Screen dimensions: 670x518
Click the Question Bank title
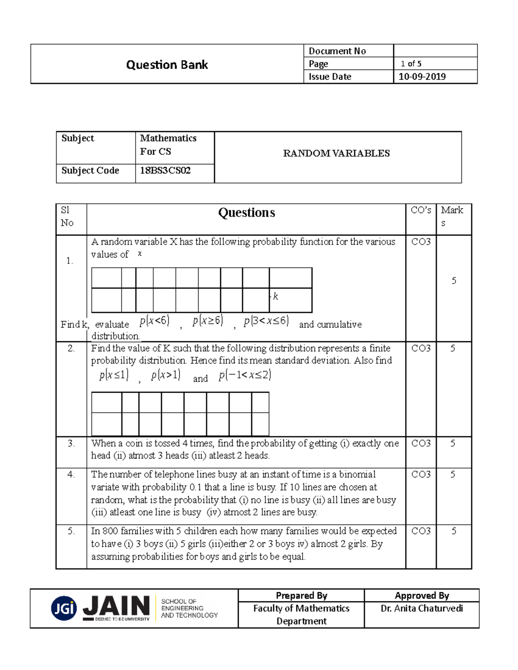(x=167, y=65)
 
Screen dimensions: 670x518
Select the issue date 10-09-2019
(x=422, y=77)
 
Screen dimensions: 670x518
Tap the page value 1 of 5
(x=411, y=64)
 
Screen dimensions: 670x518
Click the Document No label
(x=337, y=51)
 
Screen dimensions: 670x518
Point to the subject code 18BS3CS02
(x=165, y=170)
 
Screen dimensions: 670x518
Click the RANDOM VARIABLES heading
(x=336, y=154)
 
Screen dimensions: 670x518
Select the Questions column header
(x=246, y=213)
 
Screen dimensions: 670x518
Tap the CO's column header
(x=421, y=210)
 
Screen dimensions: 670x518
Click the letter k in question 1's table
(x=275, y=296)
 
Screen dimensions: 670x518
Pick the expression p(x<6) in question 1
(x=154, y=321)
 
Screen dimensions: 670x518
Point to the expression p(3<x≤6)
(x=266, y=321)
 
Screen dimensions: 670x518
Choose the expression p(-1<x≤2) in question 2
(x=245, y=375)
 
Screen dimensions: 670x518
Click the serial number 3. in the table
(x=71, y=444)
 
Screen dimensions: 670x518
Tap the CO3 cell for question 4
(x=421, y=475)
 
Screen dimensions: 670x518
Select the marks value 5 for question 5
(x=454, y=531)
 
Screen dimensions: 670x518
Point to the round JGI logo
(x=64, y=608)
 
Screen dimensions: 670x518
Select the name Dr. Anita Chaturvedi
(x=422, y=608)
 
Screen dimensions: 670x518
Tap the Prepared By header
(x=301, y=596)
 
